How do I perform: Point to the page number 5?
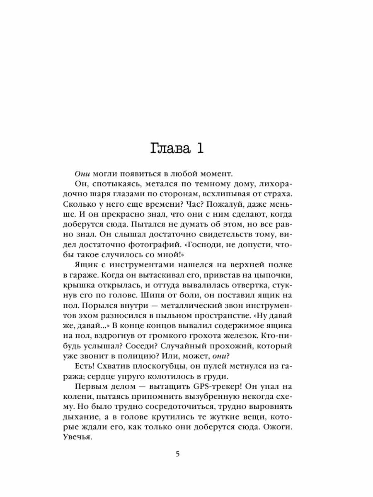(178, 454)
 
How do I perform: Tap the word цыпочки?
(285, 274)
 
